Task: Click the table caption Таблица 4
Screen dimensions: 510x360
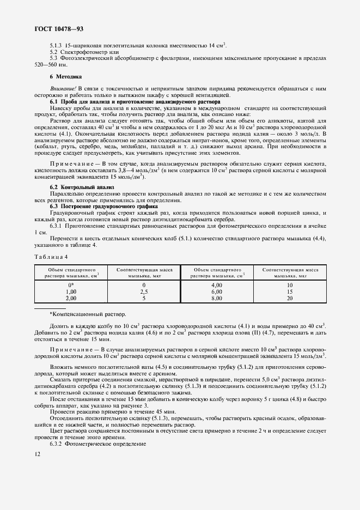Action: coord(51,257)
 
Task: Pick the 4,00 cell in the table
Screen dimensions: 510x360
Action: coord(217,285)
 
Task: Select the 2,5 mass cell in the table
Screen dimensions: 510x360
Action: coord(144,292)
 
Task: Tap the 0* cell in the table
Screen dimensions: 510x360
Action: coord(71,285)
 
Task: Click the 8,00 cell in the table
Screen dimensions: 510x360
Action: coord(217,298)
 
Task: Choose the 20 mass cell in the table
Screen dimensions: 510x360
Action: coord(290,298)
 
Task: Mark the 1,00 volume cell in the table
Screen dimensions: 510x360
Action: coord(71,292)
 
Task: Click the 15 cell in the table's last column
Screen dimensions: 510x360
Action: coord(290,292)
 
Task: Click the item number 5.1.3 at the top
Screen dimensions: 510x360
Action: coord(56,45)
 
